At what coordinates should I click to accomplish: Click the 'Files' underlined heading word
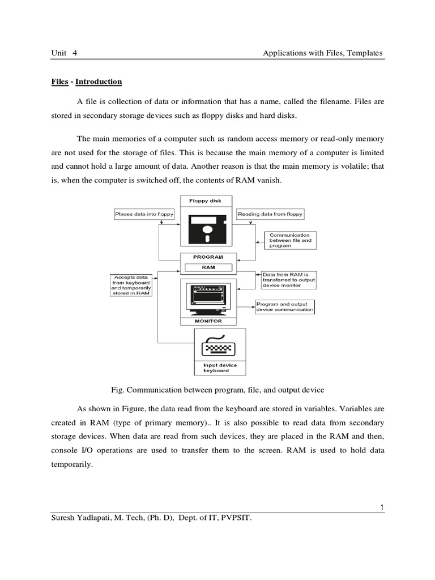(59, 82)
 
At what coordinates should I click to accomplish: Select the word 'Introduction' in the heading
(99, 82)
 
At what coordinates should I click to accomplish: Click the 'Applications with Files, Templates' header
(323, 53)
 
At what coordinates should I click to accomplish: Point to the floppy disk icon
(208, 230)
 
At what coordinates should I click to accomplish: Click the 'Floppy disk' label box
(208, 201)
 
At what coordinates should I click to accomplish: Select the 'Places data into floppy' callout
(144, 214)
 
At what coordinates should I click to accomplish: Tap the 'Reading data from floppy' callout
(270, 214)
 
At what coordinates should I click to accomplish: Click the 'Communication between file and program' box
(291, 240)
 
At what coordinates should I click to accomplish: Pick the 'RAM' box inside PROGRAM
(208, 267)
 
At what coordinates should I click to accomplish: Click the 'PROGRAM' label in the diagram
(208, 257)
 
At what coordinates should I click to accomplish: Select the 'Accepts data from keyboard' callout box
(131, 285)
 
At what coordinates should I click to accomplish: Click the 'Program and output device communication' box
(284, 307)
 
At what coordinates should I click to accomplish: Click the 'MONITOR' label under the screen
(208, 321)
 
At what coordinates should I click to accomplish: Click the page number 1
(383, 507)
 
